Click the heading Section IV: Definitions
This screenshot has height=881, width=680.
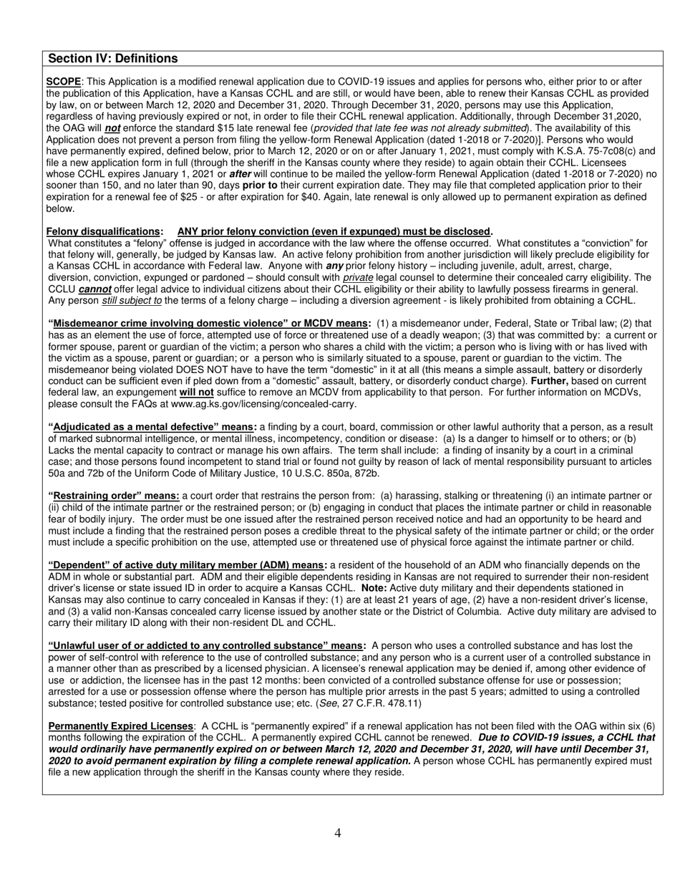[x=112, y=59]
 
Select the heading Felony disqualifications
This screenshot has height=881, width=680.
[x=103, y=231]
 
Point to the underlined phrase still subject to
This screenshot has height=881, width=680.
[x=132, y=300]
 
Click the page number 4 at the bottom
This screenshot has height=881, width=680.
[x=338, y=832]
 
